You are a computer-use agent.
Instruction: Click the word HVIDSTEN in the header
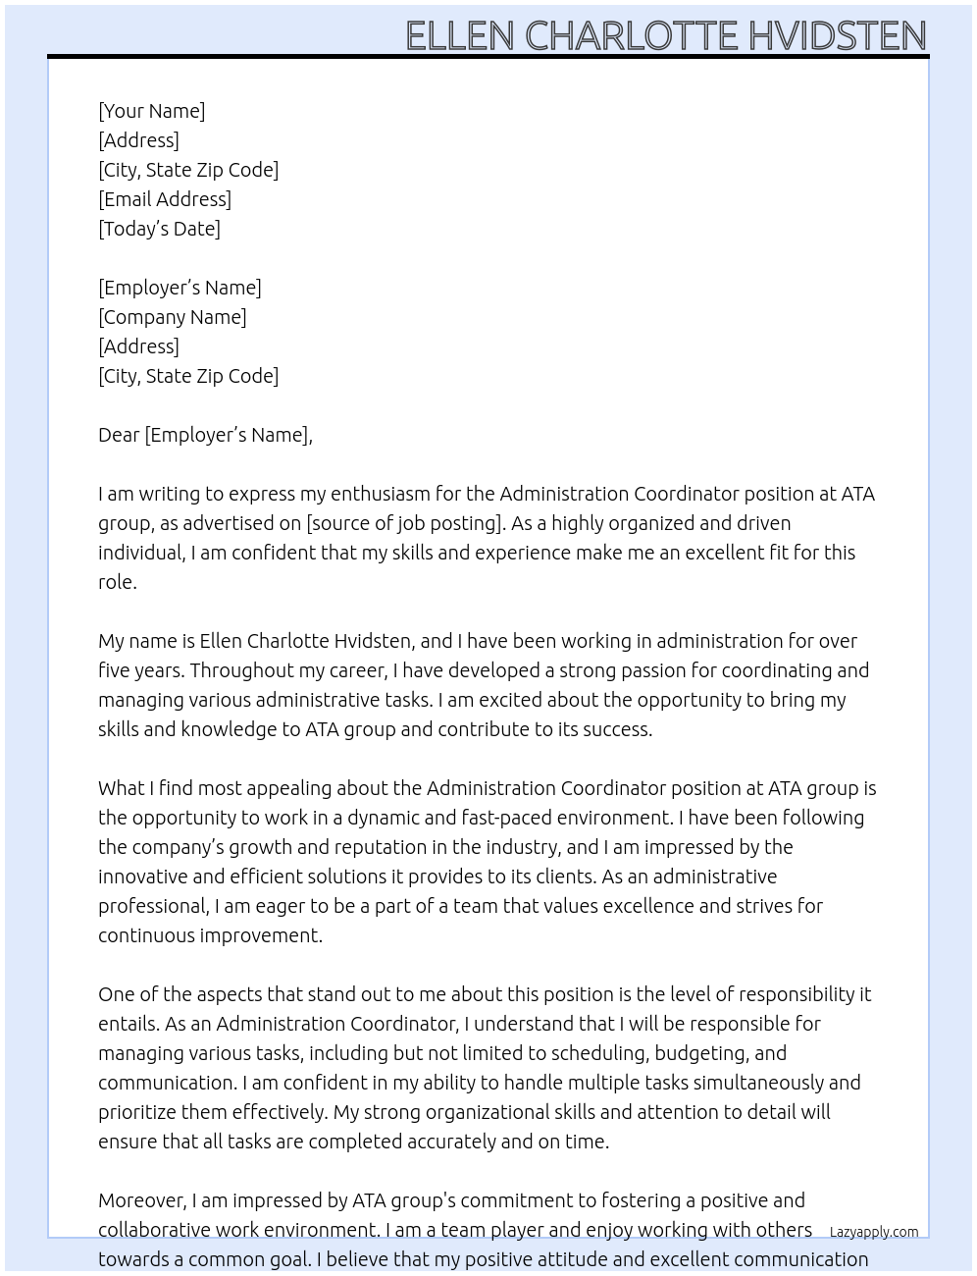[837, 35]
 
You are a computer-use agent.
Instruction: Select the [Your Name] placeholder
[151, 111]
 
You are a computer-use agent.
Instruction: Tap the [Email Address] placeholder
[165, 199]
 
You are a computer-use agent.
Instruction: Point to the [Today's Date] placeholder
[159, 229]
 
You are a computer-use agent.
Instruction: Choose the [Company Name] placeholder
[172, 317]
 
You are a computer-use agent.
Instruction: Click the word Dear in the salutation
[119, 435]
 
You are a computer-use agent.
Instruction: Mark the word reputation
[383, 847]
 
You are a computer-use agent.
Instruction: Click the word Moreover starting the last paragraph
[142, 1200]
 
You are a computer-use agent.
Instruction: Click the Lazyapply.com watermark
[873, 1232]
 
